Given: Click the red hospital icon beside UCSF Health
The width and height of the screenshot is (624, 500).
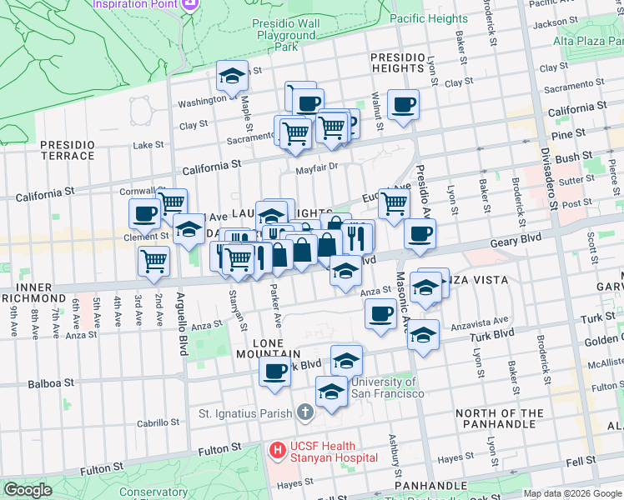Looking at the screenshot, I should click(279, 451).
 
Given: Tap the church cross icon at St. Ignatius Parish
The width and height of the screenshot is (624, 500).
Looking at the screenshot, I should click(304, 412).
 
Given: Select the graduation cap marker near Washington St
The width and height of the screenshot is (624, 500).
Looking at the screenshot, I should click(232, 77).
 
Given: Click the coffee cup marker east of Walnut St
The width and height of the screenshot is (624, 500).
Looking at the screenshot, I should click(403, 105).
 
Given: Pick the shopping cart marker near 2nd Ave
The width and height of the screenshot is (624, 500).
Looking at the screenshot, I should click(154, 261).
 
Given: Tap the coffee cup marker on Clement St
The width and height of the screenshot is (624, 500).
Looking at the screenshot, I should click(144, 213).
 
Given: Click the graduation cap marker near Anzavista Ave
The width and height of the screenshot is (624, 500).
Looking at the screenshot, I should click(423, 335).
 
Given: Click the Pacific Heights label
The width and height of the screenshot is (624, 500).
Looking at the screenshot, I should click(428, 18).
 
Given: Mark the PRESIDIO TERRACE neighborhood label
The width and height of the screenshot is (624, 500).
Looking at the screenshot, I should click(68, 150).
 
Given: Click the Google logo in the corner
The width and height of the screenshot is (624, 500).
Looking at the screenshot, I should click(28, 490).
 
